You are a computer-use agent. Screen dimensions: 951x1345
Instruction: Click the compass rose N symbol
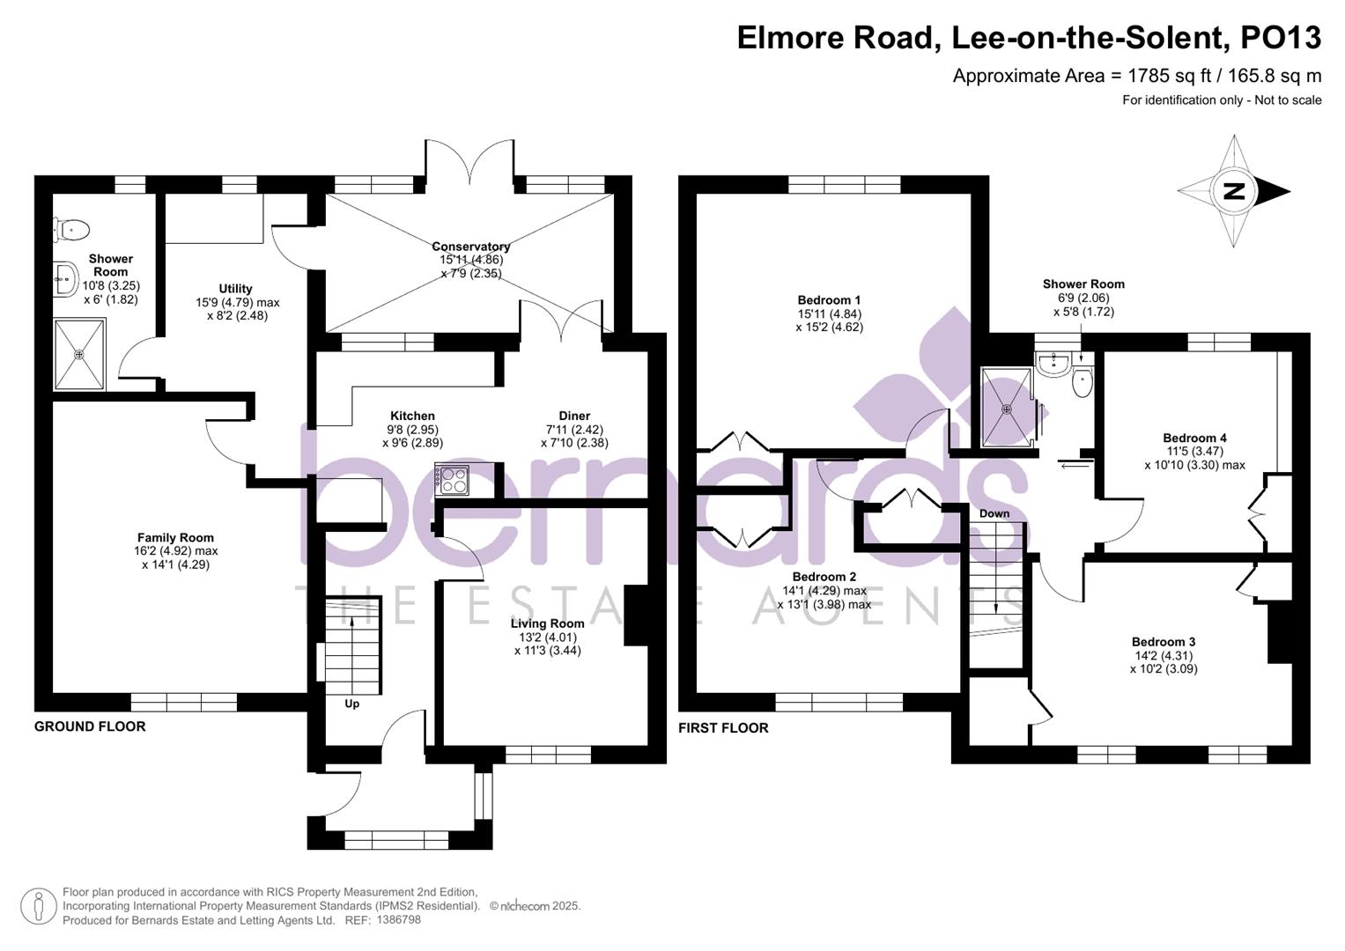pos(1233,192)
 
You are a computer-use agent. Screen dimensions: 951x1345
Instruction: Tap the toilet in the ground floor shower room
pos(72,231)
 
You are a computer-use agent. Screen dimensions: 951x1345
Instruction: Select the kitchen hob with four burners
pos(453,481)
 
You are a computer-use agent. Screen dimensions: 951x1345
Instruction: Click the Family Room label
pos(175,537)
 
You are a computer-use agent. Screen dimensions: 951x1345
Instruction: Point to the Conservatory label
pos(470,247)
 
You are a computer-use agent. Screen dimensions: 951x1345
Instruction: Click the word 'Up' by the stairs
pos(351,704)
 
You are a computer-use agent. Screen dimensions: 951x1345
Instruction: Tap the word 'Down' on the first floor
pos(994,513)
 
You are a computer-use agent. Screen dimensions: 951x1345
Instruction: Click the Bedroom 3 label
pos(1163,642)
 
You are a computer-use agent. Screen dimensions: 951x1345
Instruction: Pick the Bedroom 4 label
pos(1194,438)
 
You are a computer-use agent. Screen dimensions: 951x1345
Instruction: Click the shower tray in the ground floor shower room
pos(79,354)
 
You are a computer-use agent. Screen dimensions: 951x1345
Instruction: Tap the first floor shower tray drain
pos(1007,409)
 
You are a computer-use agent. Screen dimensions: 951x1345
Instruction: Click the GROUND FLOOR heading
pos(90,726)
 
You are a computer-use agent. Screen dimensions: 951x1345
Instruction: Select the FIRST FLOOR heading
pos(723,728)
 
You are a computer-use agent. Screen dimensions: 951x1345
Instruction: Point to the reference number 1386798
pos(398,919)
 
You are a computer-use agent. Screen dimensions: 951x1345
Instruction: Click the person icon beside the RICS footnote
pos(38,906)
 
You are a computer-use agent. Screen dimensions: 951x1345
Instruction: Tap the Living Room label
pos(547,623)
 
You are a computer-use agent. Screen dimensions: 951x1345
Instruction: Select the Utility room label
pos(235,288)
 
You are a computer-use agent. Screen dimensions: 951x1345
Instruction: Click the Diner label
pos(574,416)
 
